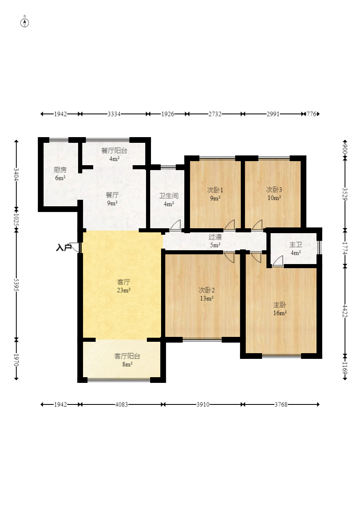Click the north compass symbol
[24, 23]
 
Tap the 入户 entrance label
[63, 248]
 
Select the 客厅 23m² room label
[124, 286]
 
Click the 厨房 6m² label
[60, 174]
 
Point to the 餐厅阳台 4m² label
[114, 155]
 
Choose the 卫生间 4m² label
[169, 200]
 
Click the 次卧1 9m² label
[215, 194]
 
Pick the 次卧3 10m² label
[274, 194]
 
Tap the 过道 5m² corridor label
[215, 241]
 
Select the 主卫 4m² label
[296, 248]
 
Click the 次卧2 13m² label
[207, 294]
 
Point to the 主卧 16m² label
[280, 308]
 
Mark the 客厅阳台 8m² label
[127, 360]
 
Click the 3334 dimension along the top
[114, 114]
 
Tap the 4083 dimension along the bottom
[122, 404]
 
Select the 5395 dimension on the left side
[16, 284]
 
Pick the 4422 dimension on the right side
[345, 311]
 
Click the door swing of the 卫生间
[176, 225]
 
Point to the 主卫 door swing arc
[277, 260]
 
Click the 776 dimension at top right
[312, 114]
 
